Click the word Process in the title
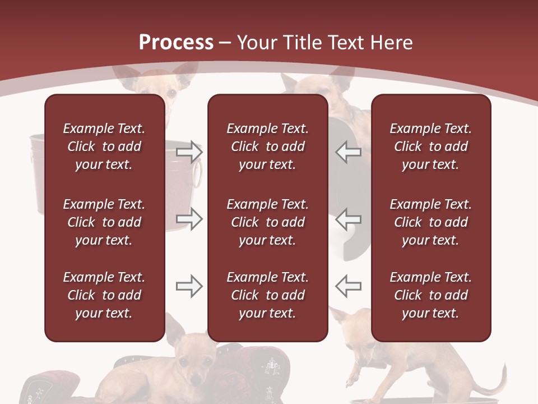[176, 42]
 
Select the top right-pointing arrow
[189, 151]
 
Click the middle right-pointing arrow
[189, 219]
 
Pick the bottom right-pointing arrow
[189, 286]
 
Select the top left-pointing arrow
[348, 151]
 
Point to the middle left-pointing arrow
[348, 219]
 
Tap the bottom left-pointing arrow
[348, 286]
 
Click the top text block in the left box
[104, 146]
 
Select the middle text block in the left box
[104, 222]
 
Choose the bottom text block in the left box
[104, 295]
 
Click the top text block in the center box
[267, 146]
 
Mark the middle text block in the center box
[267, 222]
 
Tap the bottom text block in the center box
[267, 295]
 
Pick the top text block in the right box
[430, 146]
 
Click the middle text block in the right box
[430, 222]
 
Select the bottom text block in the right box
[430, 295]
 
